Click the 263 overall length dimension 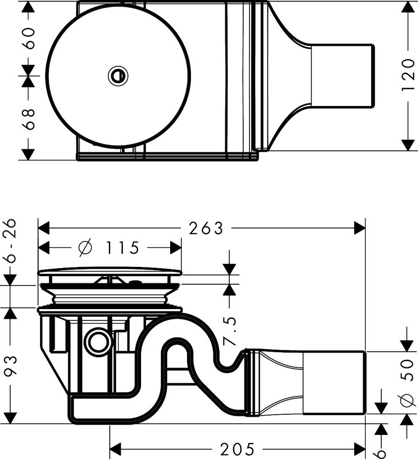(206, 228)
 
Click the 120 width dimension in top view (408, 75)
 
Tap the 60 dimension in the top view (29, 38)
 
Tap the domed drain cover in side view (110, 272)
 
